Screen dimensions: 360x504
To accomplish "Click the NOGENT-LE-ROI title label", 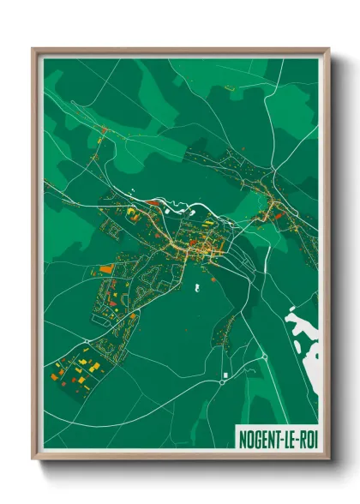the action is [276, 436].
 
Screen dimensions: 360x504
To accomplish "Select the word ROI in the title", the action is [307, 436].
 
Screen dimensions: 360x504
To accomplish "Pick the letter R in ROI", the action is [301, 436].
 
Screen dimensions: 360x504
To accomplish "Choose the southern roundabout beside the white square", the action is [221, 382].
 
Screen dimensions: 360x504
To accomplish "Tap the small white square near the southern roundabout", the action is [225, 375].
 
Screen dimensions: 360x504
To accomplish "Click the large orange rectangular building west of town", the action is [107, 269].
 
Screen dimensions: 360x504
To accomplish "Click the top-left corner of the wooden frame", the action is [33, 49].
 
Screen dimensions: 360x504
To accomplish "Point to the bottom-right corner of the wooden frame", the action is [328, 460].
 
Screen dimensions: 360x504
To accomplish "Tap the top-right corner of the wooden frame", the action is [328, 49].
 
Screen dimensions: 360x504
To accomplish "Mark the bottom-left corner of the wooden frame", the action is [33, 460].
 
